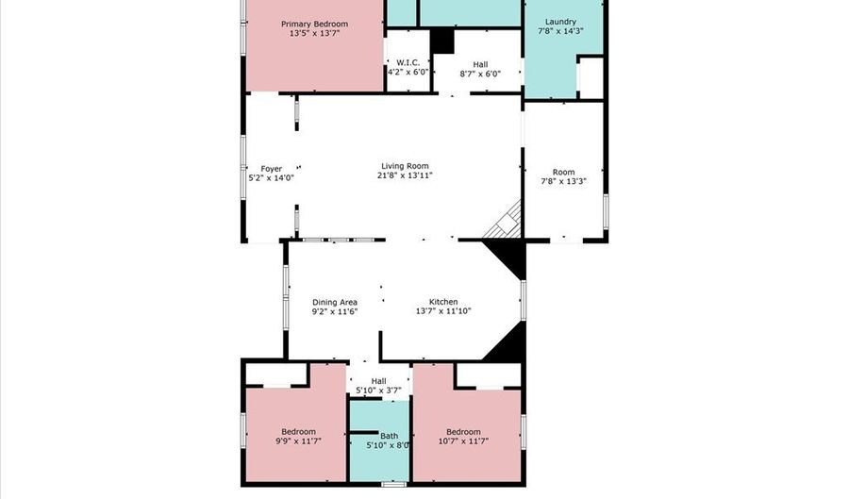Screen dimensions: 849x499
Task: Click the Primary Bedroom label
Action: point(314,24)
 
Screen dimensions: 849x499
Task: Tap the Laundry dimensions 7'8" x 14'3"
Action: point(560,31)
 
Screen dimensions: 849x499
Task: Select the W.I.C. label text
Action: point(408,63)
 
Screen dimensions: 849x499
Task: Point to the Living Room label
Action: point(405,166)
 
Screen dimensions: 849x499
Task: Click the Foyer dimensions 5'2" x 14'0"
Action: point(271,177)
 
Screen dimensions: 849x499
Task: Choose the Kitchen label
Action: point(443,302)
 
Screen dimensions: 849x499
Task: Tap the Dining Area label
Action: point(335,302)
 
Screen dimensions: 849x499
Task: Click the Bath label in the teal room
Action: point(389,436)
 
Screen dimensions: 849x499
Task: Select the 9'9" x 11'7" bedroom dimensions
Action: point(298,441)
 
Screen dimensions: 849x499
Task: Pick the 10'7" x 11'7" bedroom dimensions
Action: point(463,441)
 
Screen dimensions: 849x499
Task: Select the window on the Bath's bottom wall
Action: point(393,483)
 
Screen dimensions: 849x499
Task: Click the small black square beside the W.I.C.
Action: point(442,42)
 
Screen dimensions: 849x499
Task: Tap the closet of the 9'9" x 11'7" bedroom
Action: point(276,374)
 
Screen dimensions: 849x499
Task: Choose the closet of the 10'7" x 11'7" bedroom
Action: point(489,374)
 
